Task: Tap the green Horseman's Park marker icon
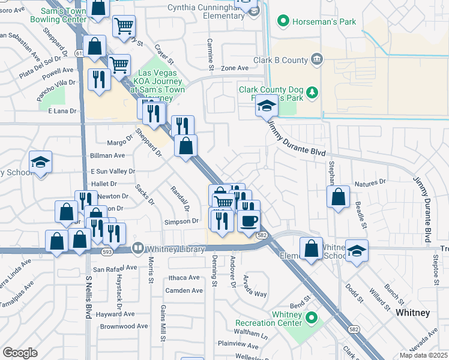(x=282, y=22)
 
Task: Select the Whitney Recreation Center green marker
(x=311, y=316)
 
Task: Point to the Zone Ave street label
(x=234, y=68)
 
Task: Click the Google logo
(x=20, y=353)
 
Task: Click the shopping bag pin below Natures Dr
(x=339, y=196)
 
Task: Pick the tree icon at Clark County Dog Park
(x=311, y=92)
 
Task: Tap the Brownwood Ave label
(x=124, y=326)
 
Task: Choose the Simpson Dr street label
(x=181, y=221)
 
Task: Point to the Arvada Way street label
(x=255, y=286)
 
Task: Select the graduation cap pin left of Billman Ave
(x=40, y=162)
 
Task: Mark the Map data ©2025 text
(x=423, y=355)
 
